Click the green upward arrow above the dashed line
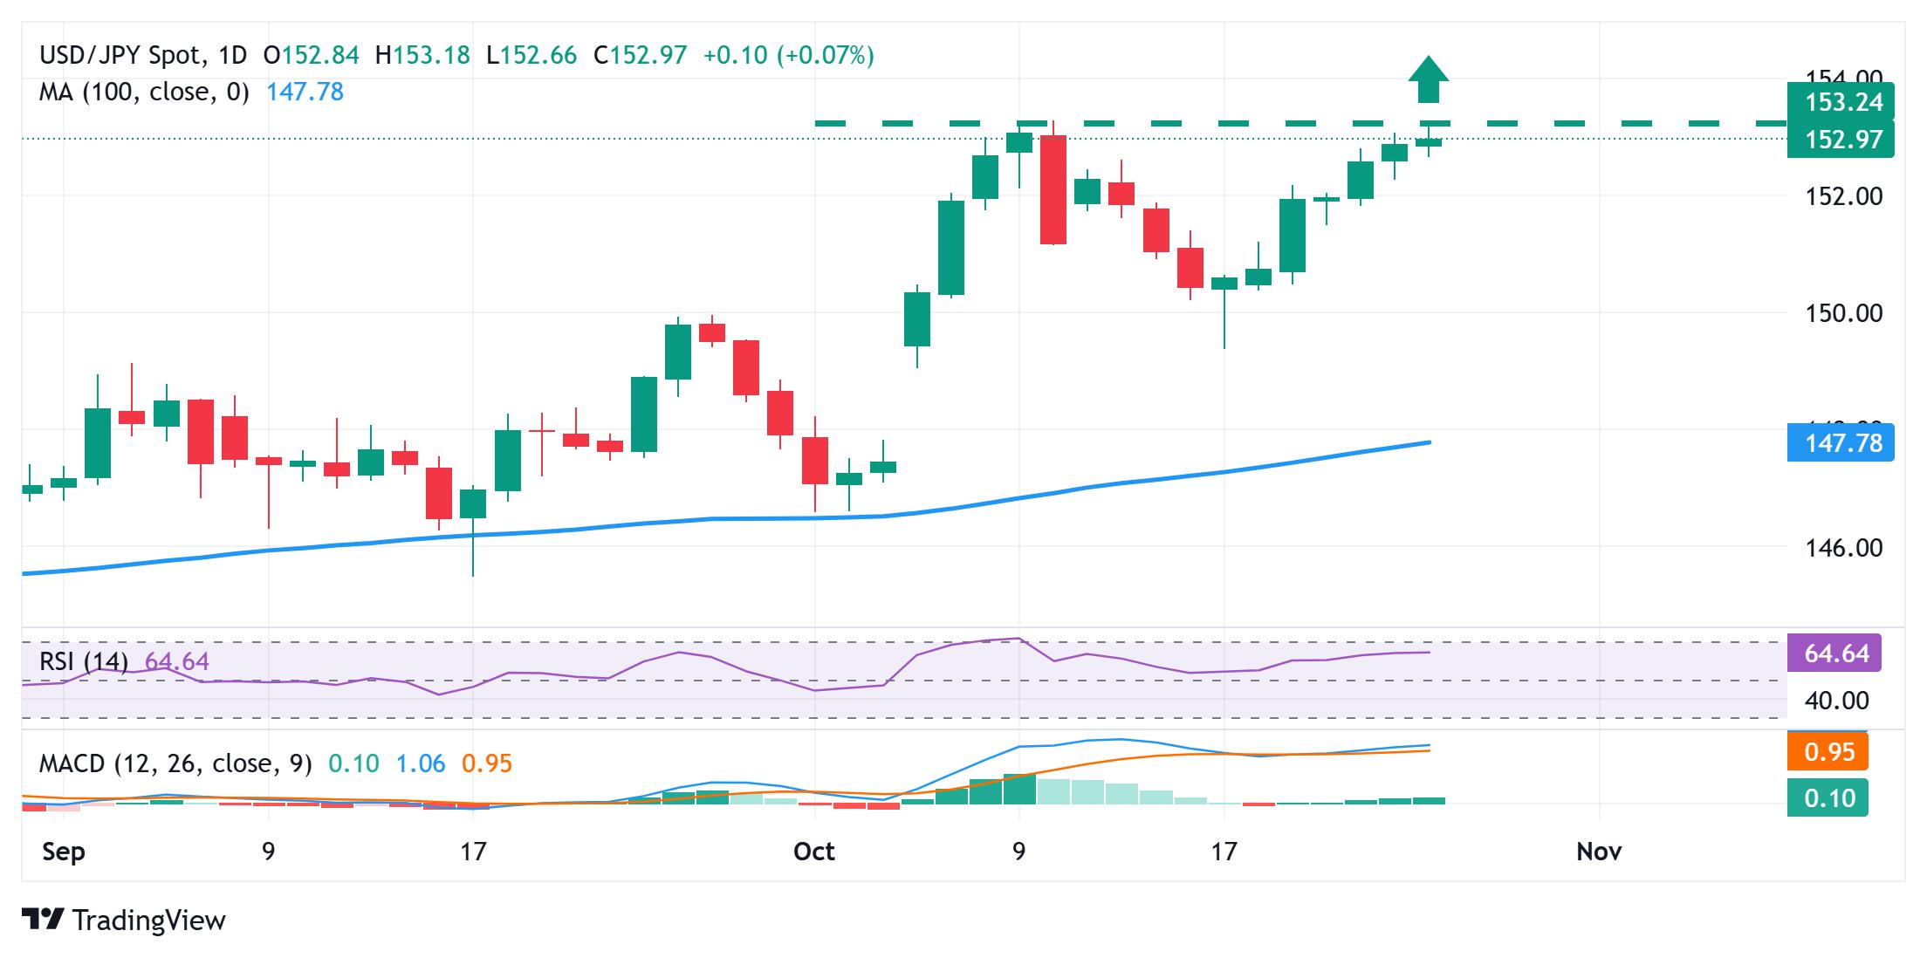[x=1429, y=81]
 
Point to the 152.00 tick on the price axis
[x=1843, y=196]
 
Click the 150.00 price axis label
[x=1843, y=313]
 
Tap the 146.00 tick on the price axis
[x=1843, y=548]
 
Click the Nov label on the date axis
[x=1599, y=852]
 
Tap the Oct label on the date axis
[x=814, y=852]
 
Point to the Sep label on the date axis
[x=64, y=852]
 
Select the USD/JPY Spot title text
[x=120, y=56]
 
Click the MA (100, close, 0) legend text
[x=144, y=92]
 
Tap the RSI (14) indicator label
[x=84, y=661]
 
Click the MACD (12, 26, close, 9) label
[x=175, y=764]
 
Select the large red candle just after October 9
[x=1053, y=189]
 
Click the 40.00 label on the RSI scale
[x=1836, y=701]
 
